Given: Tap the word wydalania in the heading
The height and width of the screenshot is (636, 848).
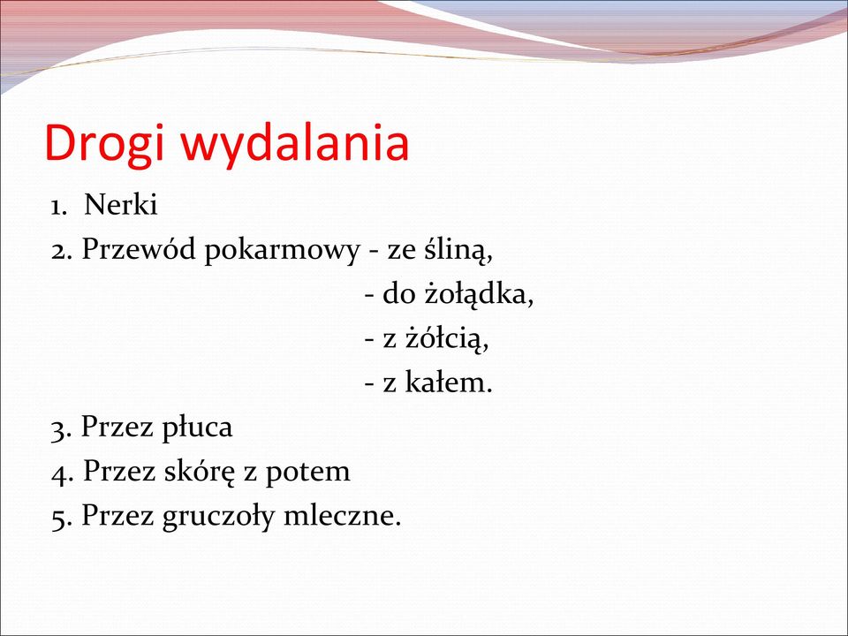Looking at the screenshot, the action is (x=295, y=143).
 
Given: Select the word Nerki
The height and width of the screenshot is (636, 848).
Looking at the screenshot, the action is (x=121, y=205).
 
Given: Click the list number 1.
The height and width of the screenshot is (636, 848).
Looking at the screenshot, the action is (x=58, y=207).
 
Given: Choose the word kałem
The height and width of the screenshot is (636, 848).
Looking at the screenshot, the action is (x=449, y=382).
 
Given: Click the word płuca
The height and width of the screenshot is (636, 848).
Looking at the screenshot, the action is (x=197, y=428).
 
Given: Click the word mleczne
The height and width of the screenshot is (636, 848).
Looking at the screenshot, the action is (x=343, y=515).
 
